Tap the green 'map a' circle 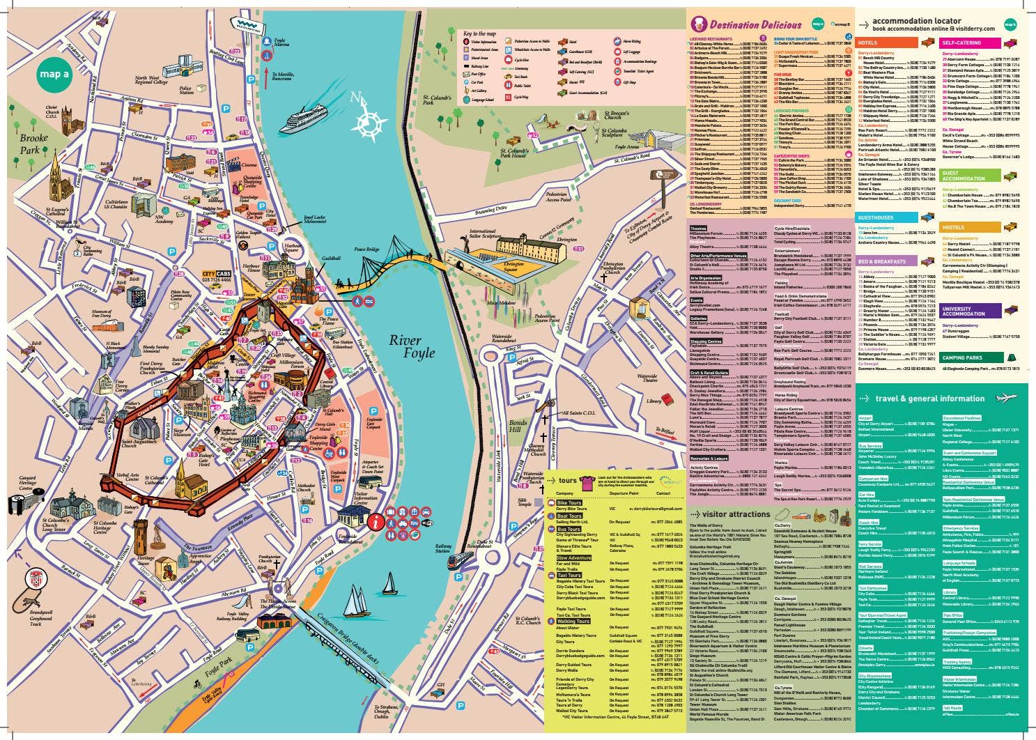pos(54,74)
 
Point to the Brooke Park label pos(33,144)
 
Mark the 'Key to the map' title pos(479,33)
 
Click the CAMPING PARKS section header pos(962,357)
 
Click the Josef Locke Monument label pos(314,222)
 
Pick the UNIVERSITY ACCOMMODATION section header pos(965,311)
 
